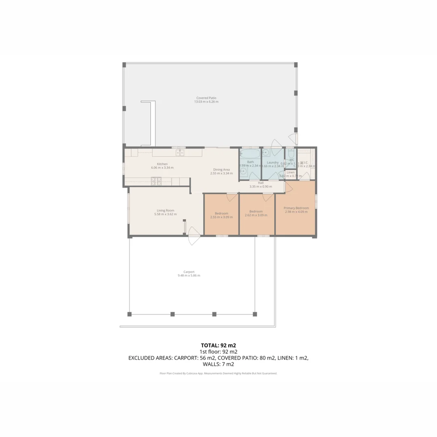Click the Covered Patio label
click(x=206, y=98)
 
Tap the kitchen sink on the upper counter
click(x=180, y=153)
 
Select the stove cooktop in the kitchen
click(x=156, y=180)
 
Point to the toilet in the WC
click(x=290, y=154)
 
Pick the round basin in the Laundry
click(x=266, y=153)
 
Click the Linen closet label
click(x=291, y=172)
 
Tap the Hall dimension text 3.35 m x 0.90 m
click(x=261, y=187)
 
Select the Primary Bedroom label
click(x=296, y=208)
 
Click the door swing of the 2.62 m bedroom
click(x=268, y=197)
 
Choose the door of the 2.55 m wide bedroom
click(x=231, y=197)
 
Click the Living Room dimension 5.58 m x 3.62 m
click(x=165, y=214)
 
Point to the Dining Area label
click(x=221, y=170)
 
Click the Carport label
click(x=189, y=272)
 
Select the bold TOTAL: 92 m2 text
click(x=218, y=345)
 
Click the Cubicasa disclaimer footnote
click(x=218, y=373)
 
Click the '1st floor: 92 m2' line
click(x=218, y=352)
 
